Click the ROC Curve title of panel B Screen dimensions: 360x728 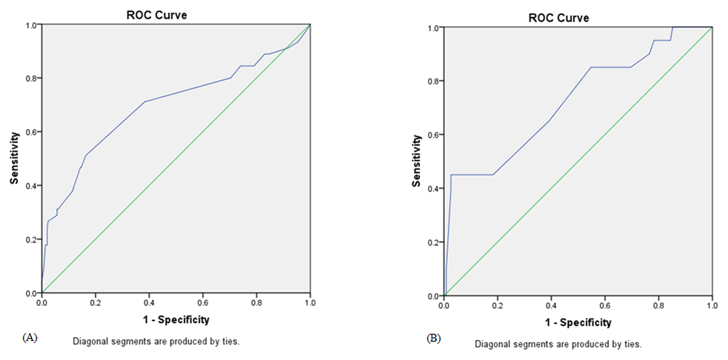click(x=559, y=18)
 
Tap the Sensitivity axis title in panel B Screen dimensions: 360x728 click(x=416, y=161)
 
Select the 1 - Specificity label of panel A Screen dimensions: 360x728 click(x=176, y=319)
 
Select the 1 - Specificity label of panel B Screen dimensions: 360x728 click(x=578, y=322)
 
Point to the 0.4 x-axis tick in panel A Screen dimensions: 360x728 click(x=149, y=301)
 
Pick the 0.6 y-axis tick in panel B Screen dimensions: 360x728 click(x=434, y=135)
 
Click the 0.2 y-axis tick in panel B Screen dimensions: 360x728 click(x=434, y=242)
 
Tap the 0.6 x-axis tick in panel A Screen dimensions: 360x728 click(x=203, y=301)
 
